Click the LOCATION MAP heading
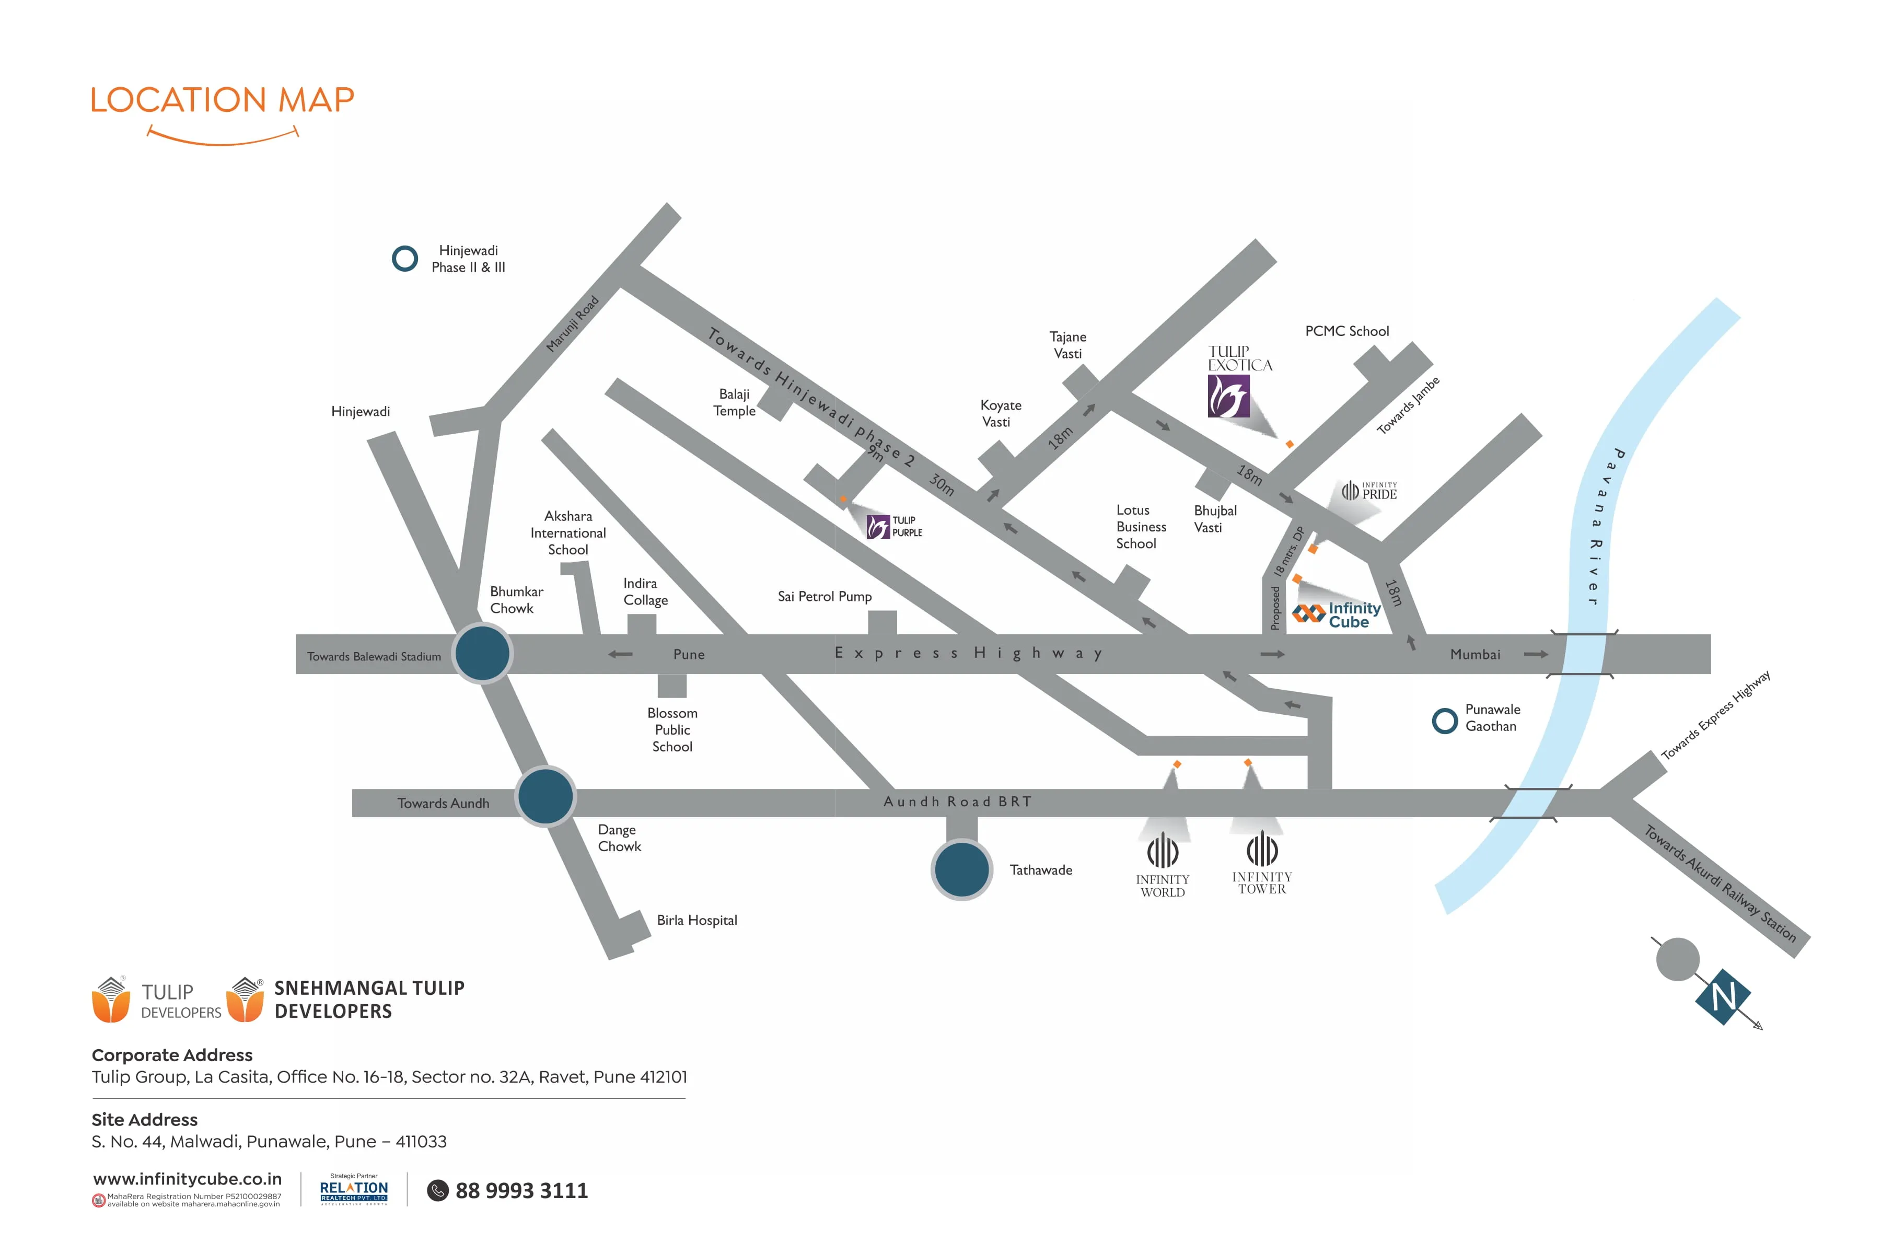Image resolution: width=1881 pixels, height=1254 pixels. [x=223, y=100]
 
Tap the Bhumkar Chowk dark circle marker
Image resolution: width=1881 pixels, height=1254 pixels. [x=482, y=654]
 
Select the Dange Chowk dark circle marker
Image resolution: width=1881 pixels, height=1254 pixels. [x=545, y=796]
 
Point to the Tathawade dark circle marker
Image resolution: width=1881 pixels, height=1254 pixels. [x=961, y=869]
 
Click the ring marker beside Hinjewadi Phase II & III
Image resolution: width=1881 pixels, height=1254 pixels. [x=404, y=258]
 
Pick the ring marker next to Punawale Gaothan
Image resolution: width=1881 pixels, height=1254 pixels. [x=1444, y=721]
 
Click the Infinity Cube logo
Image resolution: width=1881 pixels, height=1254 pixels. [x=1337, y=614]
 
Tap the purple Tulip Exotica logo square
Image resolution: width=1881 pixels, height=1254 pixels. [x=1228, y=396]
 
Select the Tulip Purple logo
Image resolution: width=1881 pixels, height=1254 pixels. [x=894, y=526]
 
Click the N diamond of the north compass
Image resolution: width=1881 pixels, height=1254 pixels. [x=1723, y=996]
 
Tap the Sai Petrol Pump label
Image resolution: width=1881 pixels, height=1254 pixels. [x=825, y=597]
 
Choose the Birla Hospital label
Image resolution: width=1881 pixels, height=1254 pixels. [x=696, y=921]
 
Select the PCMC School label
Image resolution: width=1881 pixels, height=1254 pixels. [x=1347, y=331]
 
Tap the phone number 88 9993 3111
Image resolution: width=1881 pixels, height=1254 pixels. [x=521, y=1191]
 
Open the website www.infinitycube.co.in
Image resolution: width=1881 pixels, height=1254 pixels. [x=187, y=1179]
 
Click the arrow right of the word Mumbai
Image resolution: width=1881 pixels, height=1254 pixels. [x=1536, y=654]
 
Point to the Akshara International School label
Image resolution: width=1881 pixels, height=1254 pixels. [x=568, y=532]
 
